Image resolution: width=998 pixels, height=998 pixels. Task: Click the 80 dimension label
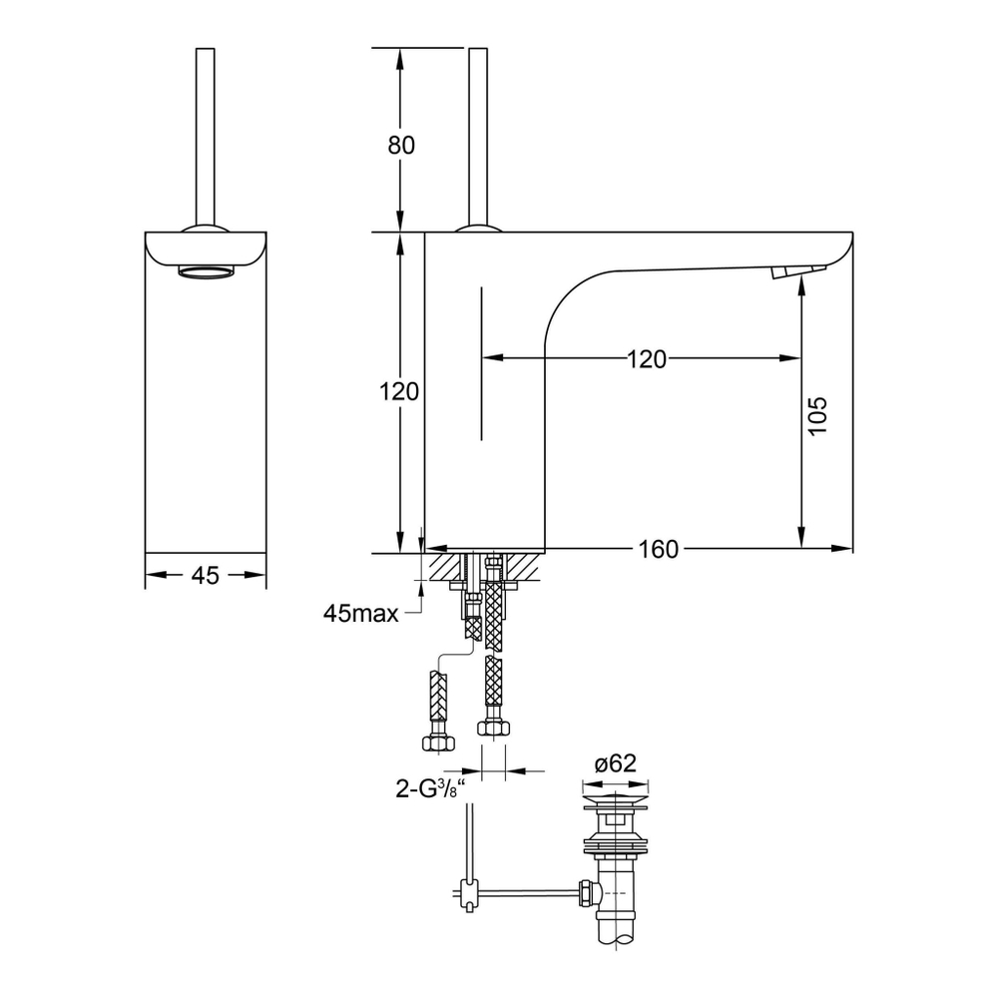pyautogui.click(x=401, y=145)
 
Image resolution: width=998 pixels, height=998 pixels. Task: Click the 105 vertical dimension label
pyautogui.click(x=817, y=416)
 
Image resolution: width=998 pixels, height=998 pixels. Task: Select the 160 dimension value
pyautogui.click(x=658, y=549)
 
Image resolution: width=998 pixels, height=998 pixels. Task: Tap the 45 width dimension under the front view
pyautogui.click(x=205, y=576)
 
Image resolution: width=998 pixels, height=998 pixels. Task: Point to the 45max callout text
pyautogui.click(x=361, y=614)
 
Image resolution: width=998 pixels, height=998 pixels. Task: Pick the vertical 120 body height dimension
pyautogui.click(x=399, y=391)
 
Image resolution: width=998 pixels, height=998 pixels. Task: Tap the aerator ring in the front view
pyautogui.click(x=206, y=271)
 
